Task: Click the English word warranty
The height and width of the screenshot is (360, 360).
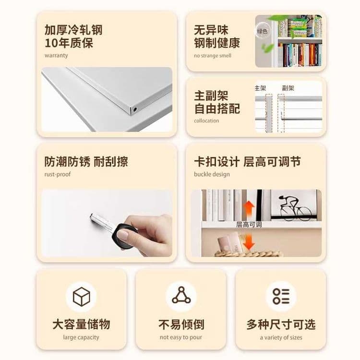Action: pos(56,56)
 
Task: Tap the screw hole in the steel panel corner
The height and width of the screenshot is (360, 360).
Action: pos(135,109)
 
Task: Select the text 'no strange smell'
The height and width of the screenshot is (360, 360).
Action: pos(213,56)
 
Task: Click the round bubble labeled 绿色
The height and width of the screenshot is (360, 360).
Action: pos(263,31)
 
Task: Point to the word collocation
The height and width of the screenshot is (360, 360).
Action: pos(206,121)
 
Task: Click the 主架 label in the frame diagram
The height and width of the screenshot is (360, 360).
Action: pos(260,88)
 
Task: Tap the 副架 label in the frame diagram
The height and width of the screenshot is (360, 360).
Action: pos(288,88)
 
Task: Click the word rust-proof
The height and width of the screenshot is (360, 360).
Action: pos(58,174)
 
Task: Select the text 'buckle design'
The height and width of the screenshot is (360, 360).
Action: pos(212,174)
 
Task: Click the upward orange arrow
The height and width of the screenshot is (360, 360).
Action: pos(249,211)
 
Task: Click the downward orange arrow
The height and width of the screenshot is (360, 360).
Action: pos(249,241)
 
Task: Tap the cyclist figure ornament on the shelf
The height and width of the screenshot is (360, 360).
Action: pos(295,208)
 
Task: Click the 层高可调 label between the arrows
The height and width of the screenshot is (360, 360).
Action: pos(249,225)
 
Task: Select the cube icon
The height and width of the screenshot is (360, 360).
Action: pos(81,297)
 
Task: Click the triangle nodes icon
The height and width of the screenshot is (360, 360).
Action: pos(181,295)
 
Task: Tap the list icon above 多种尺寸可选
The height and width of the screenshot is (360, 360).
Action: pos(281,296)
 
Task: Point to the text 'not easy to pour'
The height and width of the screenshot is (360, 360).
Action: pos(181,337)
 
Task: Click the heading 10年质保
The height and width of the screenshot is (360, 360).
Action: pos(69,43)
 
